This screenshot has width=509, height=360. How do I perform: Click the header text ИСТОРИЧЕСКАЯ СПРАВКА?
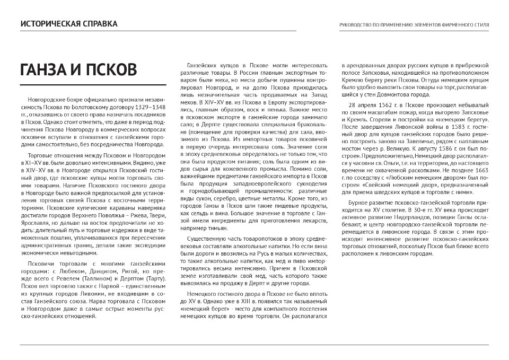click(x=69, y=24)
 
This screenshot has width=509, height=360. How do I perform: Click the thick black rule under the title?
click(x=93, y=85)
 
